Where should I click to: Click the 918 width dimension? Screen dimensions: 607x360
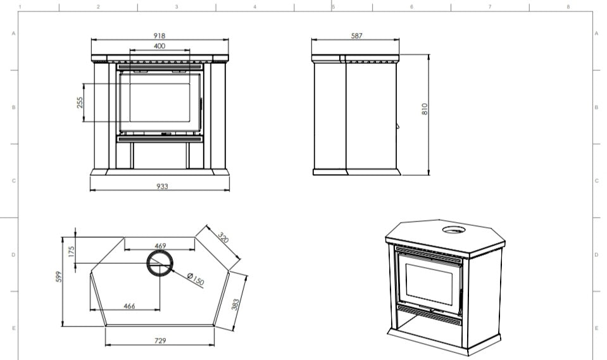pos(160,35)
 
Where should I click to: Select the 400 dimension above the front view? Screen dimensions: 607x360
pos(160,46)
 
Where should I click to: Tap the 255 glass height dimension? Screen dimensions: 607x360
pos(80,102)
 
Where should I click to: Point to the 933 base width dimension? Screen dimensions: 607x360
pos(162,186)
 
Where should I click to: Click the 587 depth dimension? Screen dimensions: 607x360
pos(356,35)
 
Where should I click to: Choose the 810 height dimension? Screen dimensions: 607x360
pos(425,109)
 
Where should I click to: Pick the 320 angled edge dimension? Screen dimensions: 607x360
pos(223,237)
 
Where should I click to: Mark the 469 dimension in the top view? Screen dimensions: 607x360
pos(160,246)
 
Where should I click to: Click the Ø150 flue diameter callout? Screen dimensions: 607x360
pos(196,279)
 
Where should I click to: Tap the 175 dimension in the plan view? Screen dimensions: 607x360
pos(72,252)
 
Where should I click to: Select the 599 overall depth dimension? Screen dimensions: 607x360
pos(58,276)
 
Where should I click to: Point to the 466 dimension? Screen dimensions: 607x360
pos(129,306)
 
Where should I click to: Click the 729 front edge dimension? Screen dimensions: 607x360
pos(160,340)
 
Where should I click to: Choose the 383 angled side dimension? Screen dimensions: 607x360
pos(235,304)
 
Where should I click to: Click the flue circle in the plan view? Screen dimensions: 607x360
pos(160,251)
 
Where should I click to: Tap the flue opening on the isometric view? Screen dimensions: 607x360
pos(456,230)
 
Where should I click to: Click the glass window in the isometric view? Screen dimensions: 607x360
pos(429,283)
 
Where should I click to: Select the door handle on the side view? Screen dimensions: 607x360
pos(398,126)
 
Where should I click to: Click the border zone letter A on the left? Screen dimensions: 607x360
pos(13,34)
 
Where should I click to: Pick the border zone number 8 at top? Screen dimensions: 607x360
pos(568,6)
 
